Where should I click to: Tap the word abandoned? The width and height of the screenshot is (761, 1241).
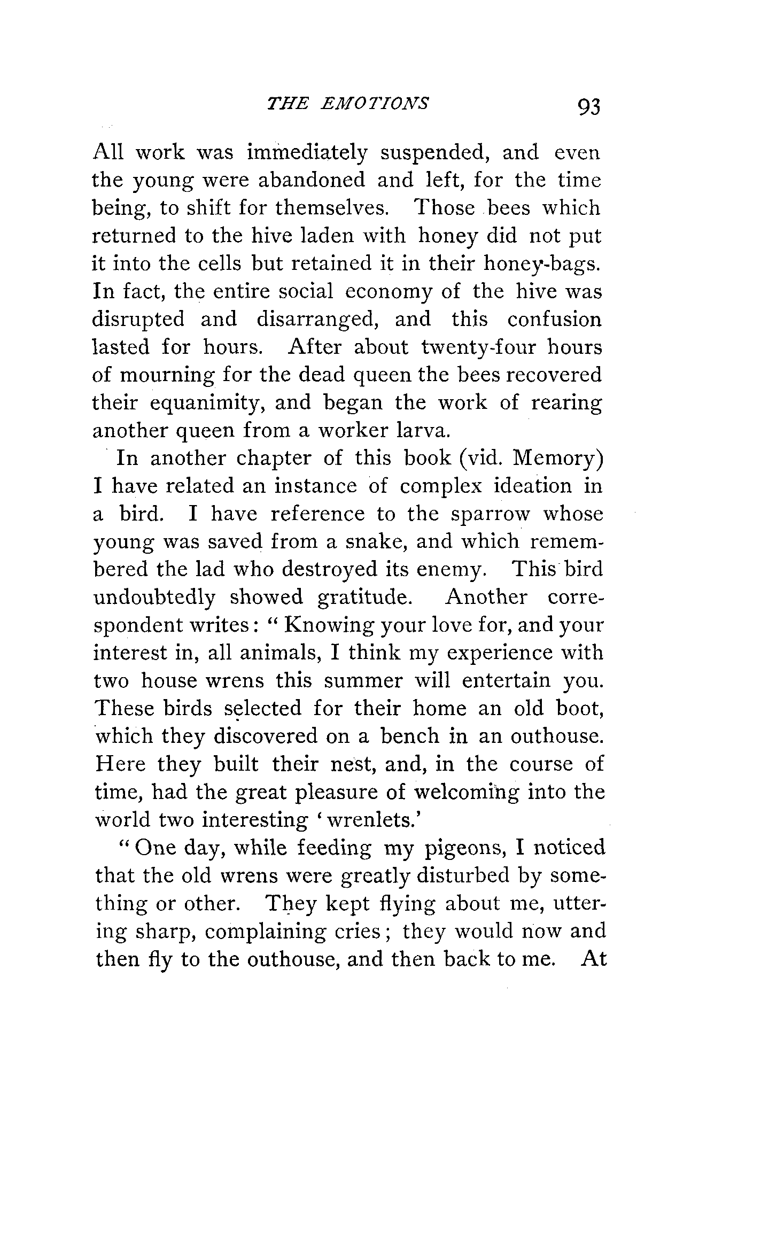click(x=312, y=181)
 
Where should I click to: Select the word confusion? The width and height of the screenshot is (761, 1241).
click(x=554, y=320)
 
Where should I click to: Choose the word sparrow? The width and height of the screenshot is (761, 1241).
click(x=490, y=514)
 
